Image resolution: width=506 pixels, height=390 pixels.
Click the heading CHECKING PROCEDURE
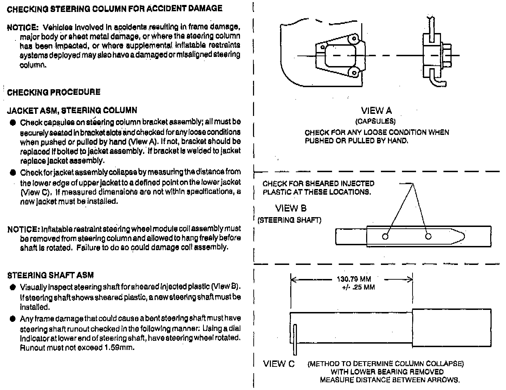coord(54,92)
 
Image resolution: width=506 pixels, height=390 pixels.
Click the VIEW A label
coord(376,111)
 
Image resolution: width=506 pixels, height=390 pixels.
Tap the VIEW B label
coord(291,208)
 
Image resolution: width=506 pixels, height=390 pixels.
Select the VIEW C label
coord(279,364)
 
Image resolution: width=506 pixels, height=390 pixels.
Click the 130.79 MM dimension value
coord(354,279)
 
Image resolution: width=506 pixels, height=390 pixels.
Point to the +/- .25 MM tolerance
coord(358,287)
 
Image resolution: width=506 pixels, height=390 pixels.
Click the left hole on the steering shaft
coord(385,236)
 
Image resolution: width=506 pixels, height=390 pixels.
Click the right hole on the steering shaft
coord(428,236)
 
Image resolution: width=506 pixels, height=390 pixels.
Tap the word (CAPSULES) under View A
coord(375,122)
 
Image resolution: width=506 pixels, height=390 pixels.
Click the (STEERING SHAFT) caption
coord(289,220)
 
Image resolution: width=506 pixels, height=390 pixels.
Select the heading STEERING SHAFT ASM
coord(51,275)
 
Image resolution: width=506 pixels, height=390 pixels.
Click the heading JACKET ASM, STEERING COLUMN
coord(72,111)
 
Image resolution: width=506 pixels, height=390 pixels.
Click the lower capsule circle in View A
coord(354,73)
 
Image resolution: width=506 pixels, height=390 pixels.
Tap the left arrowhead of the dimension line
coord(292,280)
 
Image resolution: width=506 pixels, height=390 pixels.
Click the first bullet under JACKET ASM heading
coord(13,122)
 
